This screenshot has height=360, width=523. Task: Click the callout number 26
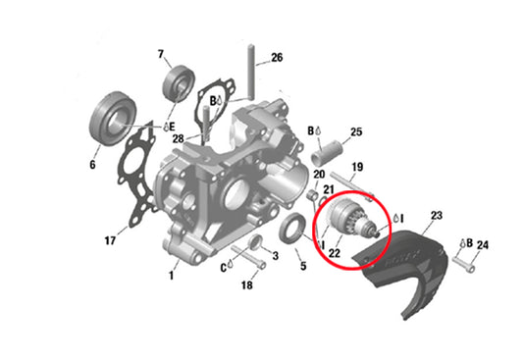277,58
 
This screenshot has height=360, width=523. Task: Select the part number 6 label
93,165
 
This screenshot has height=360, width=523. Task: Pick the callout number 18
247,285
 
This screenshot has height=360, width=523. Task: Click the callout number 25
356,131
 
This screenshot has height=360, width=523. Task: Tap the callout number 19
358,168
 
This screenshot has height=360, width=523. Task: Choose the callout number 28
179,138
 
